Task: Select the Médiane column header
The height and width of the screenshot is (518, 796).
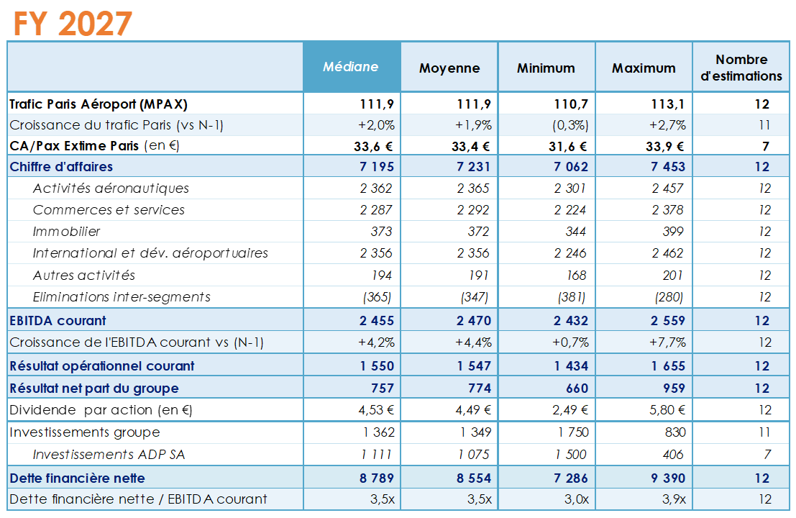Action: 350,67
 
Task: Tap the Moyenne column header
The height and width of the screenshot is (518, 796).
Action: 449,68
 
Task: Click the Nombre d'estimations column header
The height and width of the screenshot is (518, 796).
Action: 741,68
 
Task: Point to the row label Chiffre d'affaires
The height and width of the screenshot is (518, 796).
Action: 61,167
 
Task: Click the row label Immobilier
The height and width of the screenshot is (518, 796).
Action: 66,232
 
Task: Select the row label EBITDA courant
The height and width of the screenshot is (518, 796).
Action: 58,321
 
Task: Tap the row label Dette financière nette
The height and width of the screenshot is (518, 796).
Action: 77,478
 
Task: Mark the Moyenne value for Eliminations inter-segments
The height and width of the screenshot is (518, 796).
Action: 474,297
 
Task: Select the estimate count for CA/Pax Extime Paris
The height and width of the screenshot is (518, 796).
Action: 766,146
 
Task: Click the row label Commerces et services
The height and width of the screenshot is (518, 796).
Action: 109,210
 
